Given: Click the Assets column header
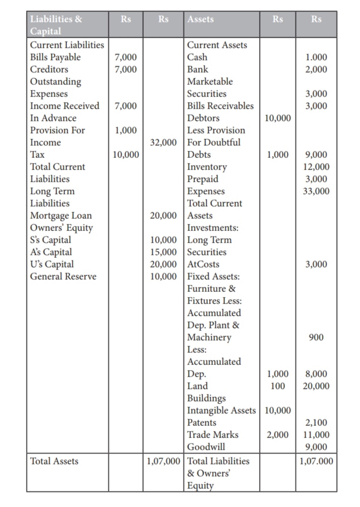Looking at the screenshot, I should click(201, 20).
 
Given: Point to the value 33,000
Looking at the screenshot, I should click(316, 191).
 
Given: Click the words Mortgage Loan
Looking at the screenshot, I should click(61, 216).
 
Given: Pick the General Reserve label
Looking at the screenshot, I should click(63, 277).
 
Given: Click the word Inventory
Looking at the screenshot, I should click(207, 167).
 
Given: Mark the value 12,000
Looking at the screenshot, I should click(316, 167).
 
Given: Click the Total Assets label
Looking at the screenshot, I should click(54, 461).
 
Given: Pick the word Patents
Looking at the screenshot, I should click(202, 423).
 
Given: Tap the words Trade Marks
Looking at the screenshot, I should click(213, 435).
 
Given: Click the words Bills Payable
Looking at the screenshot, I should click(55, 57).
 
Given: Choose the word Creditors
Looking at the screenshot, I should click(49, 70).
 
